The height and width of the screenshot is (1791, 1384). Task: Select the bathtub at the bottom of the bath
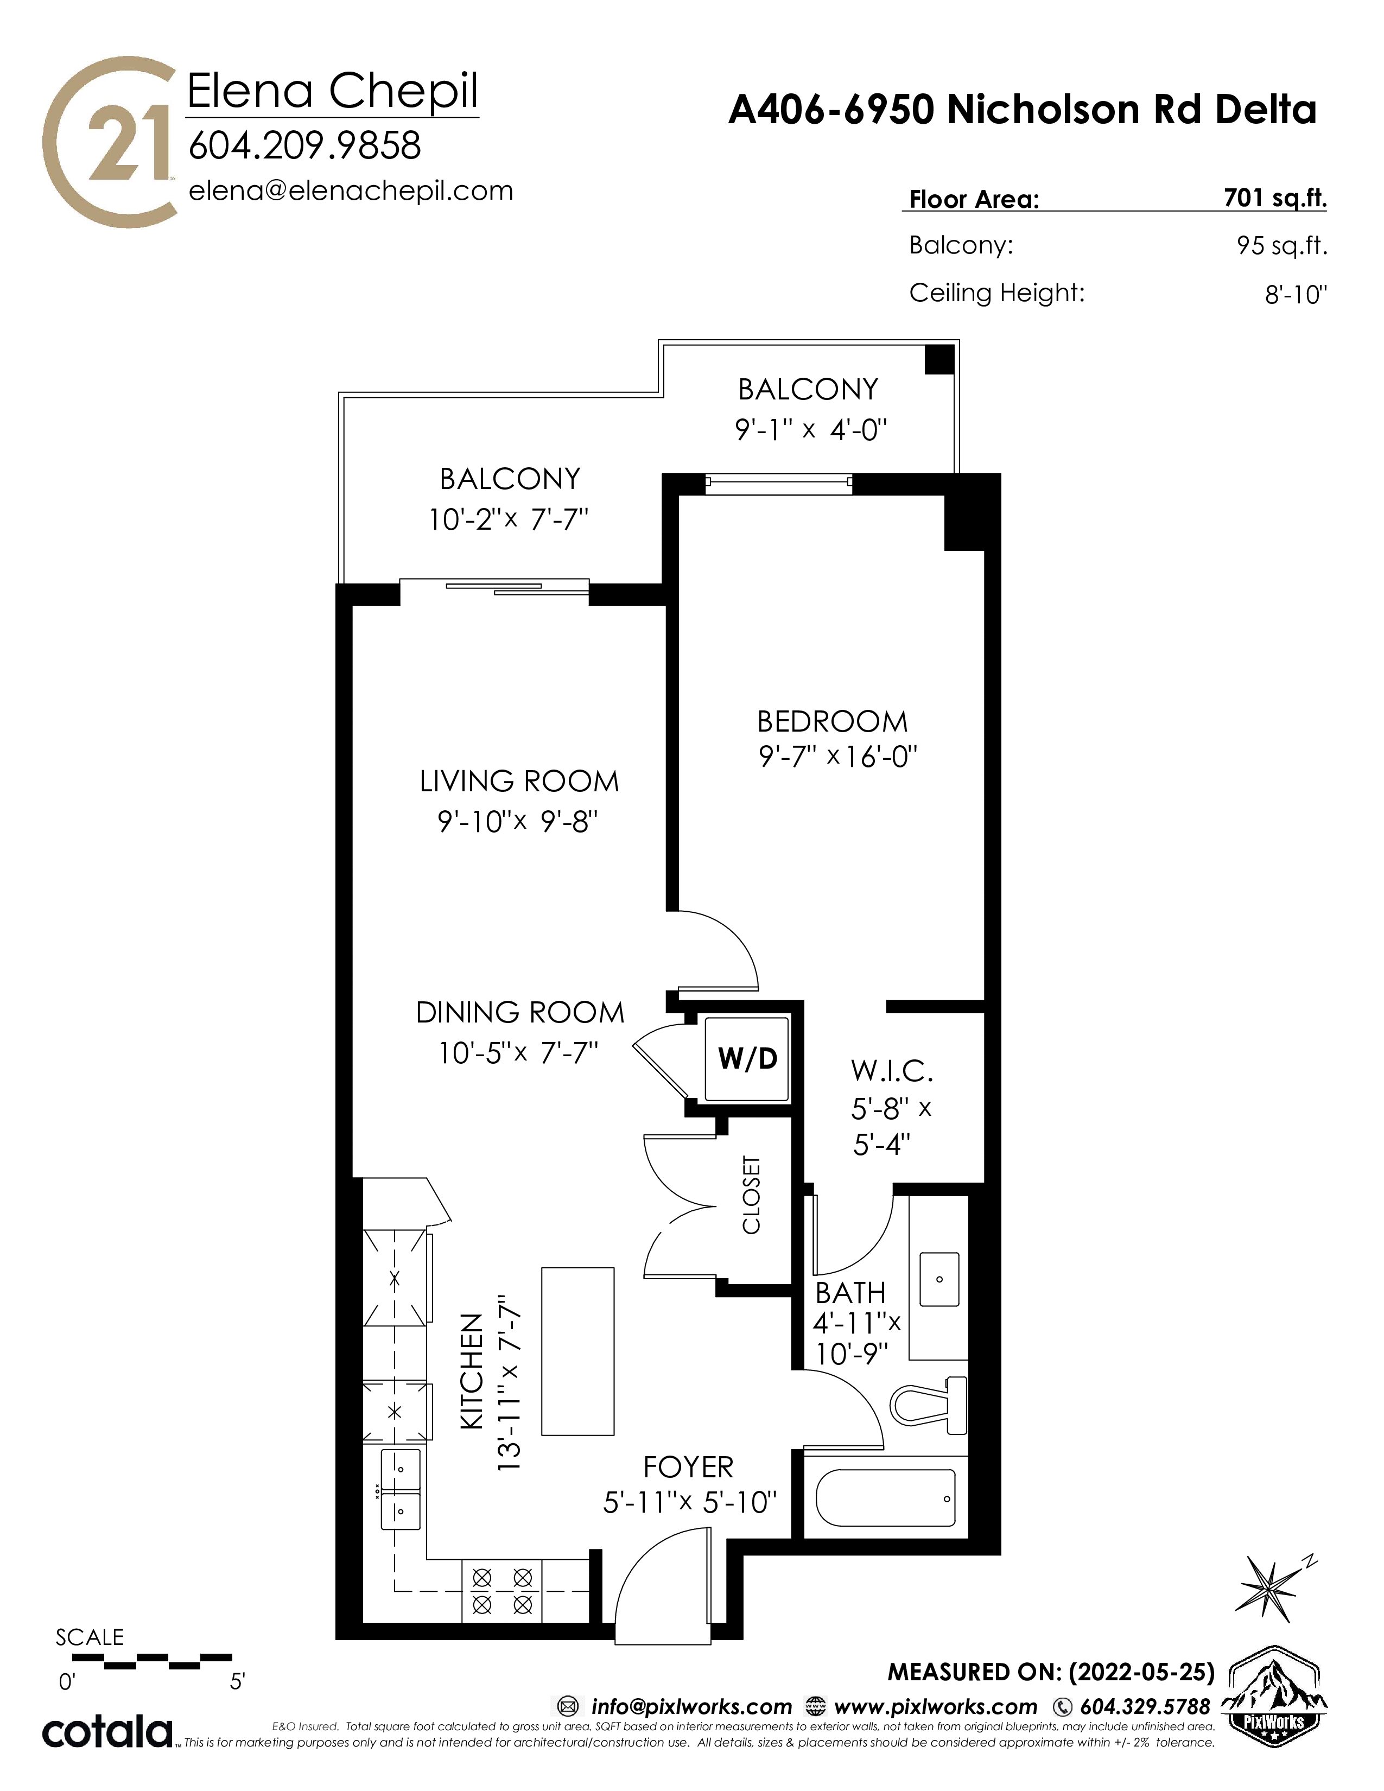886,1498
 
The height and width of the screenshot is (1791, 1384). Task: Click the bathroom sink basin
939,1279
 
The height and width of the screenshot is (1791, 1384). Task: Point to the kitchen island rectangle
577,1351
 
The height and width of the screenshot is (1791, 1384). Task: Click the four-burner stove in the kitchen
503,1591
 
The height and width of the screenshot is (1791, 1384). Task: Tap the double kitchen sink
401,1488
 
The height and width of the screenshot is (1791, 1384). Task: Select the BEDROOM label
832,722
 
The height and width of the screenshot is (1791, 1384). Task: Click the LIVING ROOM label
519,782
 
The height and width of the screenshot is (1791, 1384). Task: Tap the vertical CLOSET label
751,1195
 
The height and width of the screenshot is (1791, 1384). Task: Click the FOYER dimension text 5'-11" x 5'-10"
689,1502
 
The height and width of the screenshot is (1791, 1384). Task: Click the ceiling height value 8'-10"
1296,294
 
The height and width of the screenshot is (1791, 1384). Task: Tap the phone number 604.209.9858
304,146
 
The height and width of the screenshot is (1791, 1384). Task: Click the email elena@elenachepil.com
351,190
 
